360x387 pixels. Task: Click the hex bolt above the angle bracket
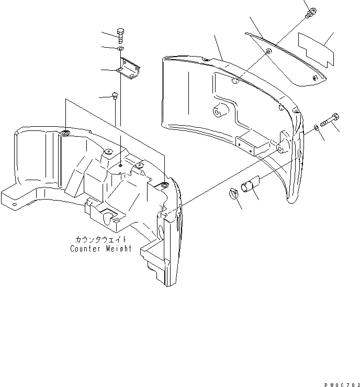121,36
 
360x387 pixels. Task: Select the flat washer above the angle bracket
120,49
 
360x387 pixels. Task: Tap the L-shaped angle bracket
128,69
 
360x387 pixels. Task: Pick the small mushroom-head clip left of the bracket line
115,95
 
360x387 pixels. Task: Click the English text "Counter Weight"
101,249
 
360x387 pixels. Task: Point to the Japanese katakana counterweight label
101,240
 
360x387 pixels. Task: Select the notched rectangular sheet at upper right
314,49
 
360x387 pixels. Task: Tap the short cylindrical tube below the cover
248,186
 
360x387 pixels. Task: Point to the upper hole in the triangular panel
268,52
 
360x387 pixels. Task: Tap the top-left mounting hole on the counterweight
65,134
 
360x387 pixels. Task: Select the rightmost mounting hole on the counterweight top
164,185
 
